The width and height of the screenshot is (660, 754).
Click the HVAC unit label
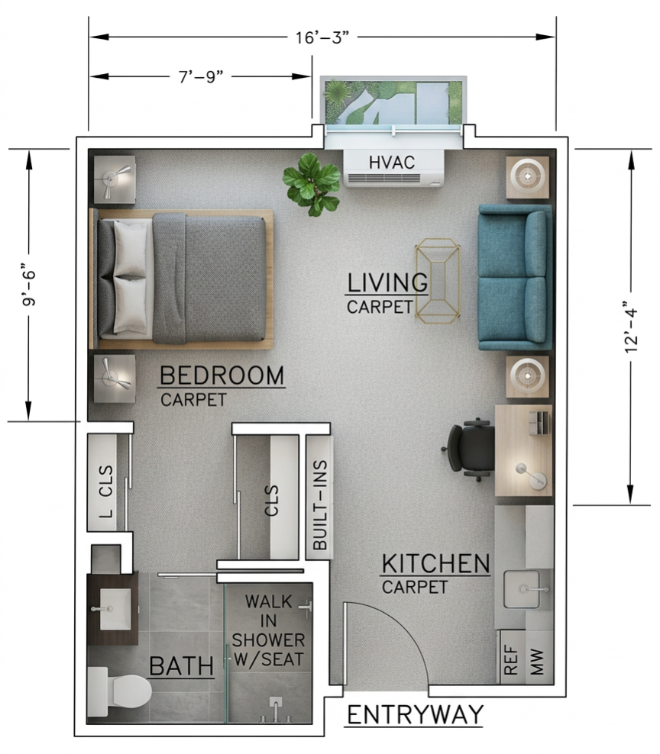tap(393, 162)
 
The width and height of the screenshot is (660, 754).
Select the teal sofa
tap(514, 277)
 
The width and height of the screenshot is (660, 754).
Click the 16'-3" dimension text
tap(322, 37)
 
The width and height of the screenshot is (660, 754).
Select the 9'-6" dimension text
tap(29, 285)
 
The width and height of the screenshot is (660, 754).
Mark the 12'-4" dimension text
tap(631, 326)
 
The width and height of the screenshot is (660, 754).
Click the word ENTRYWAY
tap(415, 715)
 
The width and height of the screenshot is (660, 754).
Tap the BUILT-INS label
tap(320, 505)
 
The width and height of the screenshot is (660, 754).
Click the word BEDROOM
tap(222, 376)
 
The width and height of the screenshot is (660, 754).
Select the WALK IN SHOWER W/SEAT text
tap(268, 630)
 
